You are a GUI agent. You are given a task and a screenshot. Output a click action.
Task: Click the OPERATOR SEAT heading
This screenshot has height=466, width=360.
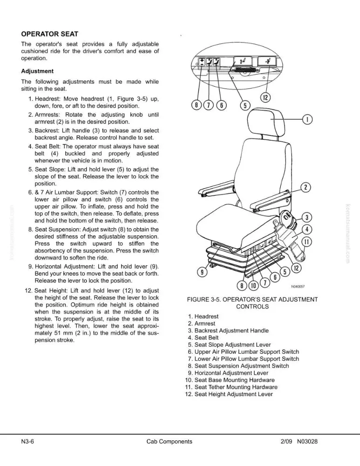50,34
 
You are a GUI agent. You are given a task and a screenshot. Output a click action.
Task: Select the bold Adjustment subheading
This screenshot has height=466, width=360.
37,71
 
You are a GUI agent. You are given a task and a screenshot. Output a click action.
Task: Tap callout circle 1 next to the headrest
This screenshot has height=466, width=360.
307,119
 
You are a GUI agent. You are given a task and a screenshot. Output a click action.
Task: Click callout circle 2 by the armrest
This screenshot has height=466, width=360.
306,187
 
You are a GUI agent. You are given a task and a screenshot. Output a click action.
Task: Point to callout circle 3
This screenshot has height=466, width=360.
307,218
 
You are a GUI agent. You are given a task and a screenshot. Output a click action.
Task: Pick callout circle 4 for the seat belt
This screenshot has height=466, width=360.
307,230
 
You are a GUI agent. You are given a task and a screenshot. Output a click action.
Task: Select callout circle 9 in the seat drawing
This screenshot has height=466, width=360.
202,272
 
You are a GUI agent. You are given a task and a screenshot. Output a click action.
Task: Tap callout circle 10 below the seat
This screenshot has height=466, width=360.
253,286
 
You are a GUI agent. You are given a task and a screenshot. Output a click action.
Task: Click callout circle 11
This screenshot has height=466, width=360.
307,242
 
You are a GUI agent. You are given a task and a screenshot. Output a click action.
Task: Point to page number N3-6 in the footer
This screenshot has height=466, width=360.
27,441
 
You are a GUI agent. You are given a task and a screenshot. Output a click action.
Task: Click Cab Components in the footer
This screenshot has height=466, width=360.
170,441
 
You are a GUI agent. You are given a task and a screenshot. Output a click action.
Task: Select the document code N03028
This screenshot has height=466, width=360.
307,441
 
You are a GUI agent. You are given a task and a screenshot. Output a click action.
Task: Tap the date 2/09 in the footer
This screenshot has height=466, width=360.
286,441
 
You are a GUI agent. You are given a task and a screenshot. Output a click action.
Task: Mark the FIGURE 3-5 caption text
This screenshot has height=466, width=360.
252,303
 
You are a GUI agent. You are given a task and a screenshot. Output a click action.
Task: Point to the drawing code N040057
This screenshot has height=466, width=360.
298,287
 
